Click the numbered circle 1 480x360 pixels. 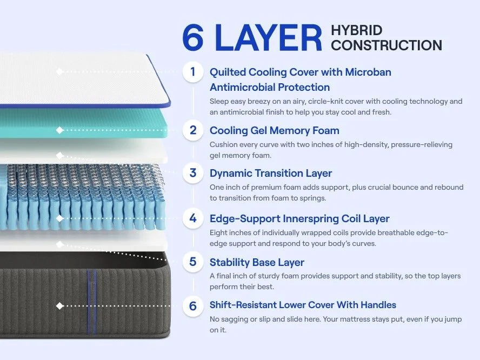coord(193,72)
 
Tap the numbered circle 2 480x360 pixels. coord(193,130)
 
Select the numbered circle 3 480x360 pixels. coord(193,173)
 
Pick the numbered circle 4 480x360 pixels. coord(193,218)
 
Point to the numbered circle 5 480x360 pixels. coord(193,262)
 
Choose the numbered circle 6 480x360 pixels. coord(193,306)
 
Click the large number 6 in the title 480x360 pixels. coord(193,38)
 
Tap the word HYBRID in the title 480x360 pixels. coord(357,30)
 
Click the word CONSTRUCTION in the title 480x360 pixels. coord(386,45)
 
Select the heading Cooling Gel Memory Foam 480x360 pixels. coord(274,131)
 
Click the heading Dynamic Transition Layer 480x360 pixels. coord(271,174)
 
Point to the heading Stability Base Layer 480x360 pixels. coord(257,262)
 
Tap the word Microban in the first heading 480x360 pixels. coord(368,72)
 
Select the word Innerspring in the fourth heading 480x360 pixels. coord(311,219)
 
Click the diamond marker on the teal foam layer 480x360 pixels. coord(59,130)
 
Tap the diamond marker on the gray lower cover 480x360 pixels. coord(59,306)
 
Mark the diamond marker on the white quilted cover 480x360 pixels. coord(59,72)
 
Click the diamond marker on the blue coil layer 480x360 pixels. coord(59,218)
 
